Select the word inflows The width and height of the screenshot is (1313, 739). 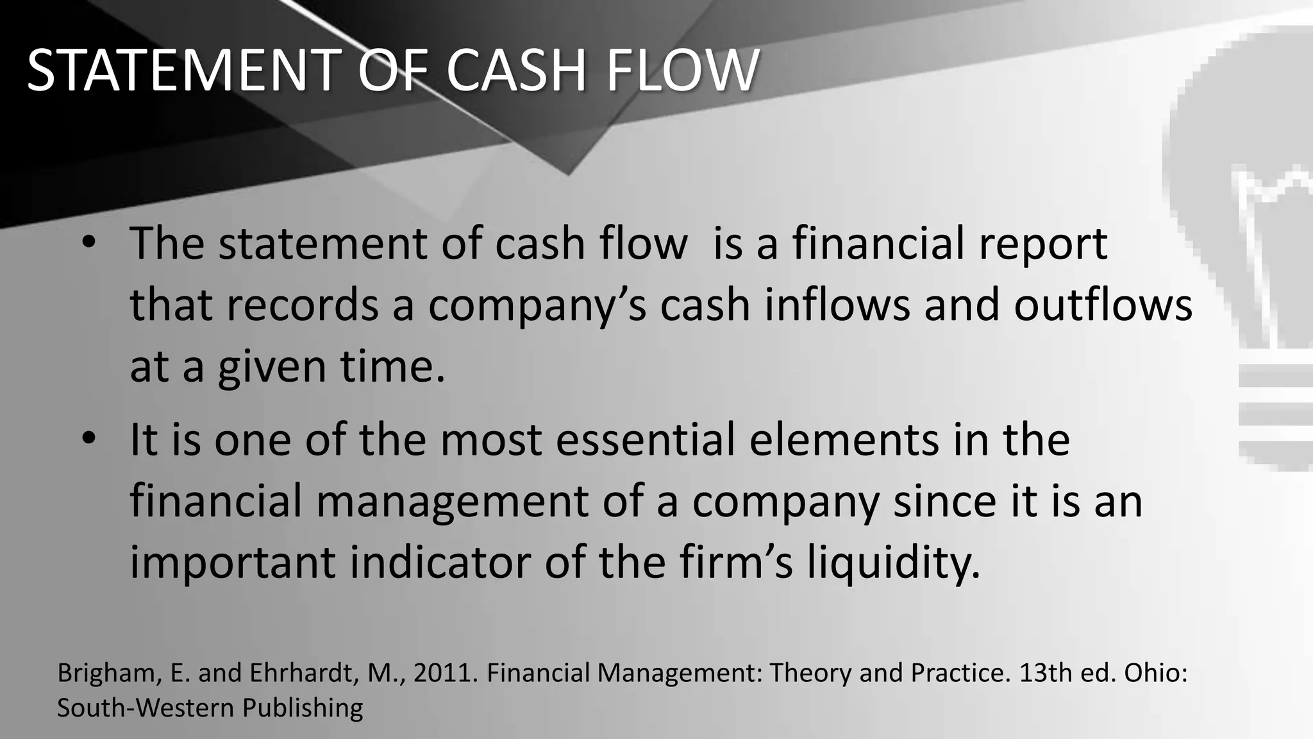tap(837, 305)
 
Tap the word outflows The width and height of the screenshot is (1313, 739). tap(1103, 305)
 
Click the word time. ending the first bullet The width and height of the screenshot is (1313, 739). tap(392, 367)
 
